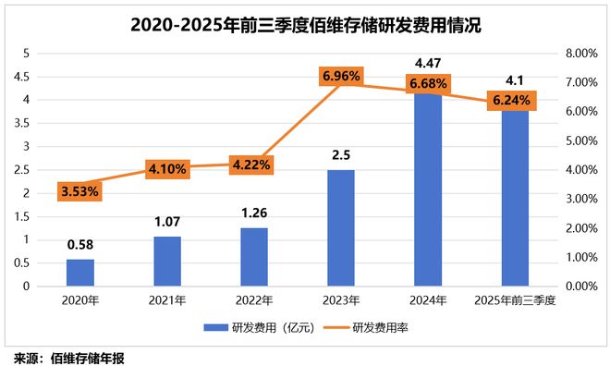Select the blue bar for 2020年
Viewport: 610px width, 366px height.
pyautogui.click(x=80, y=273)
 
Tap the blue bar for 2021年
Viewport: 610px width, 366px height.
pyautogui.click(x=167, y=262)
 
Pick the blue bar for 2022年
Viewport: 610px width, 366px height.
pyautogui.click(x=254, y=257)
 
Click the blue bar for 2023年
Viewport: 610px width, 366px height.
pyautogui.click(x=341, y=228)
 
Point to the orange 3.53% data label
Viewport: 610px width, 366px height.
pyautogui.click(x=79, y=192)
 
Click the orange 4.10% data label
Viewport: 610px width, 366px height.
pyautogui.click(x=167, y=169)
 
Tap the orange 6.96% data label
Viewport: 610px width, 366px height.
pyautogui.click(x=341, y=76)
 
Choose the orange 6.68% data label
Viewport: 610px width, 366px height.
pyautogui.click(x=428, y=84)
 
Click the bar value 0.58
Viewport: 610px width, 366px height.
pyautogui.click(x=80, y=245)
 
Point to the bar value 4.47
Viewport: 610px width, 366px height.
pyautogui.click(x=428, y=64)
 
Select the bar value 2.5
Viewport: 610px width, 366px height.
pyautogui.click(x=341, y=155)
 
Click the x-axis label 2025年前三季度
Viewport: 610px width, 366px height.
pyautogui.click(x=515, y=300)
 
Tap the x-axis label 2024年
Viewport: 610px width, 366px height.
pyautogui.click(x=428, y=300)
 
